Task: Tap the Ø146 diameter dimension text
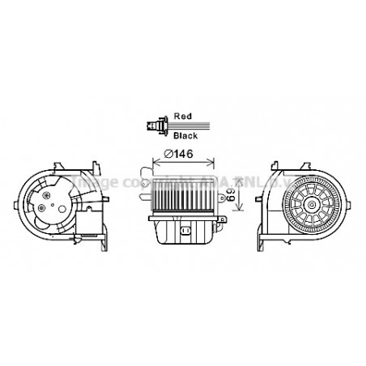pyautogui.click(x=179, y=154)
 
